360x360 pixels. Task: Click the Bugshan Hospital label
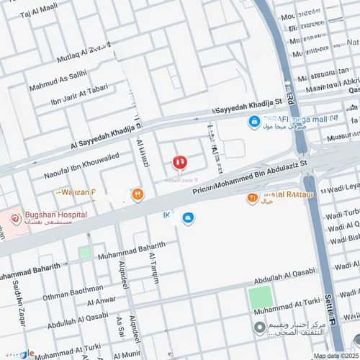pos(53,215)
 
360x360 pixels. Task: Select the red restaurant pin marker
pos(180,163)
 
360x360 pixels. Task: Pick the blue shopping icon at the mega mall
pos(254,122)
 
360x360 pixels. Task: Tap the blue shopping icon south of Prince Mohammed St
pos(188,218)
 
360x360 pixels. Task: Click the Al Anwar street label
pos(100,300)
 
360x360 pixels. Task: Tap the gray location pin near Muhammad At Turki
pos(259,328)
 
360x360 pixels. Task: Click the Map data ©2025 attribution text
pos(333,356)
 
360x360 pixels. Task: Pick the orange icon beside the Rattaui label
pos(252,198)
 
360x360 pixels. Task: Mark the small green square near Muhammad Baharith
pos(85,252)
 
